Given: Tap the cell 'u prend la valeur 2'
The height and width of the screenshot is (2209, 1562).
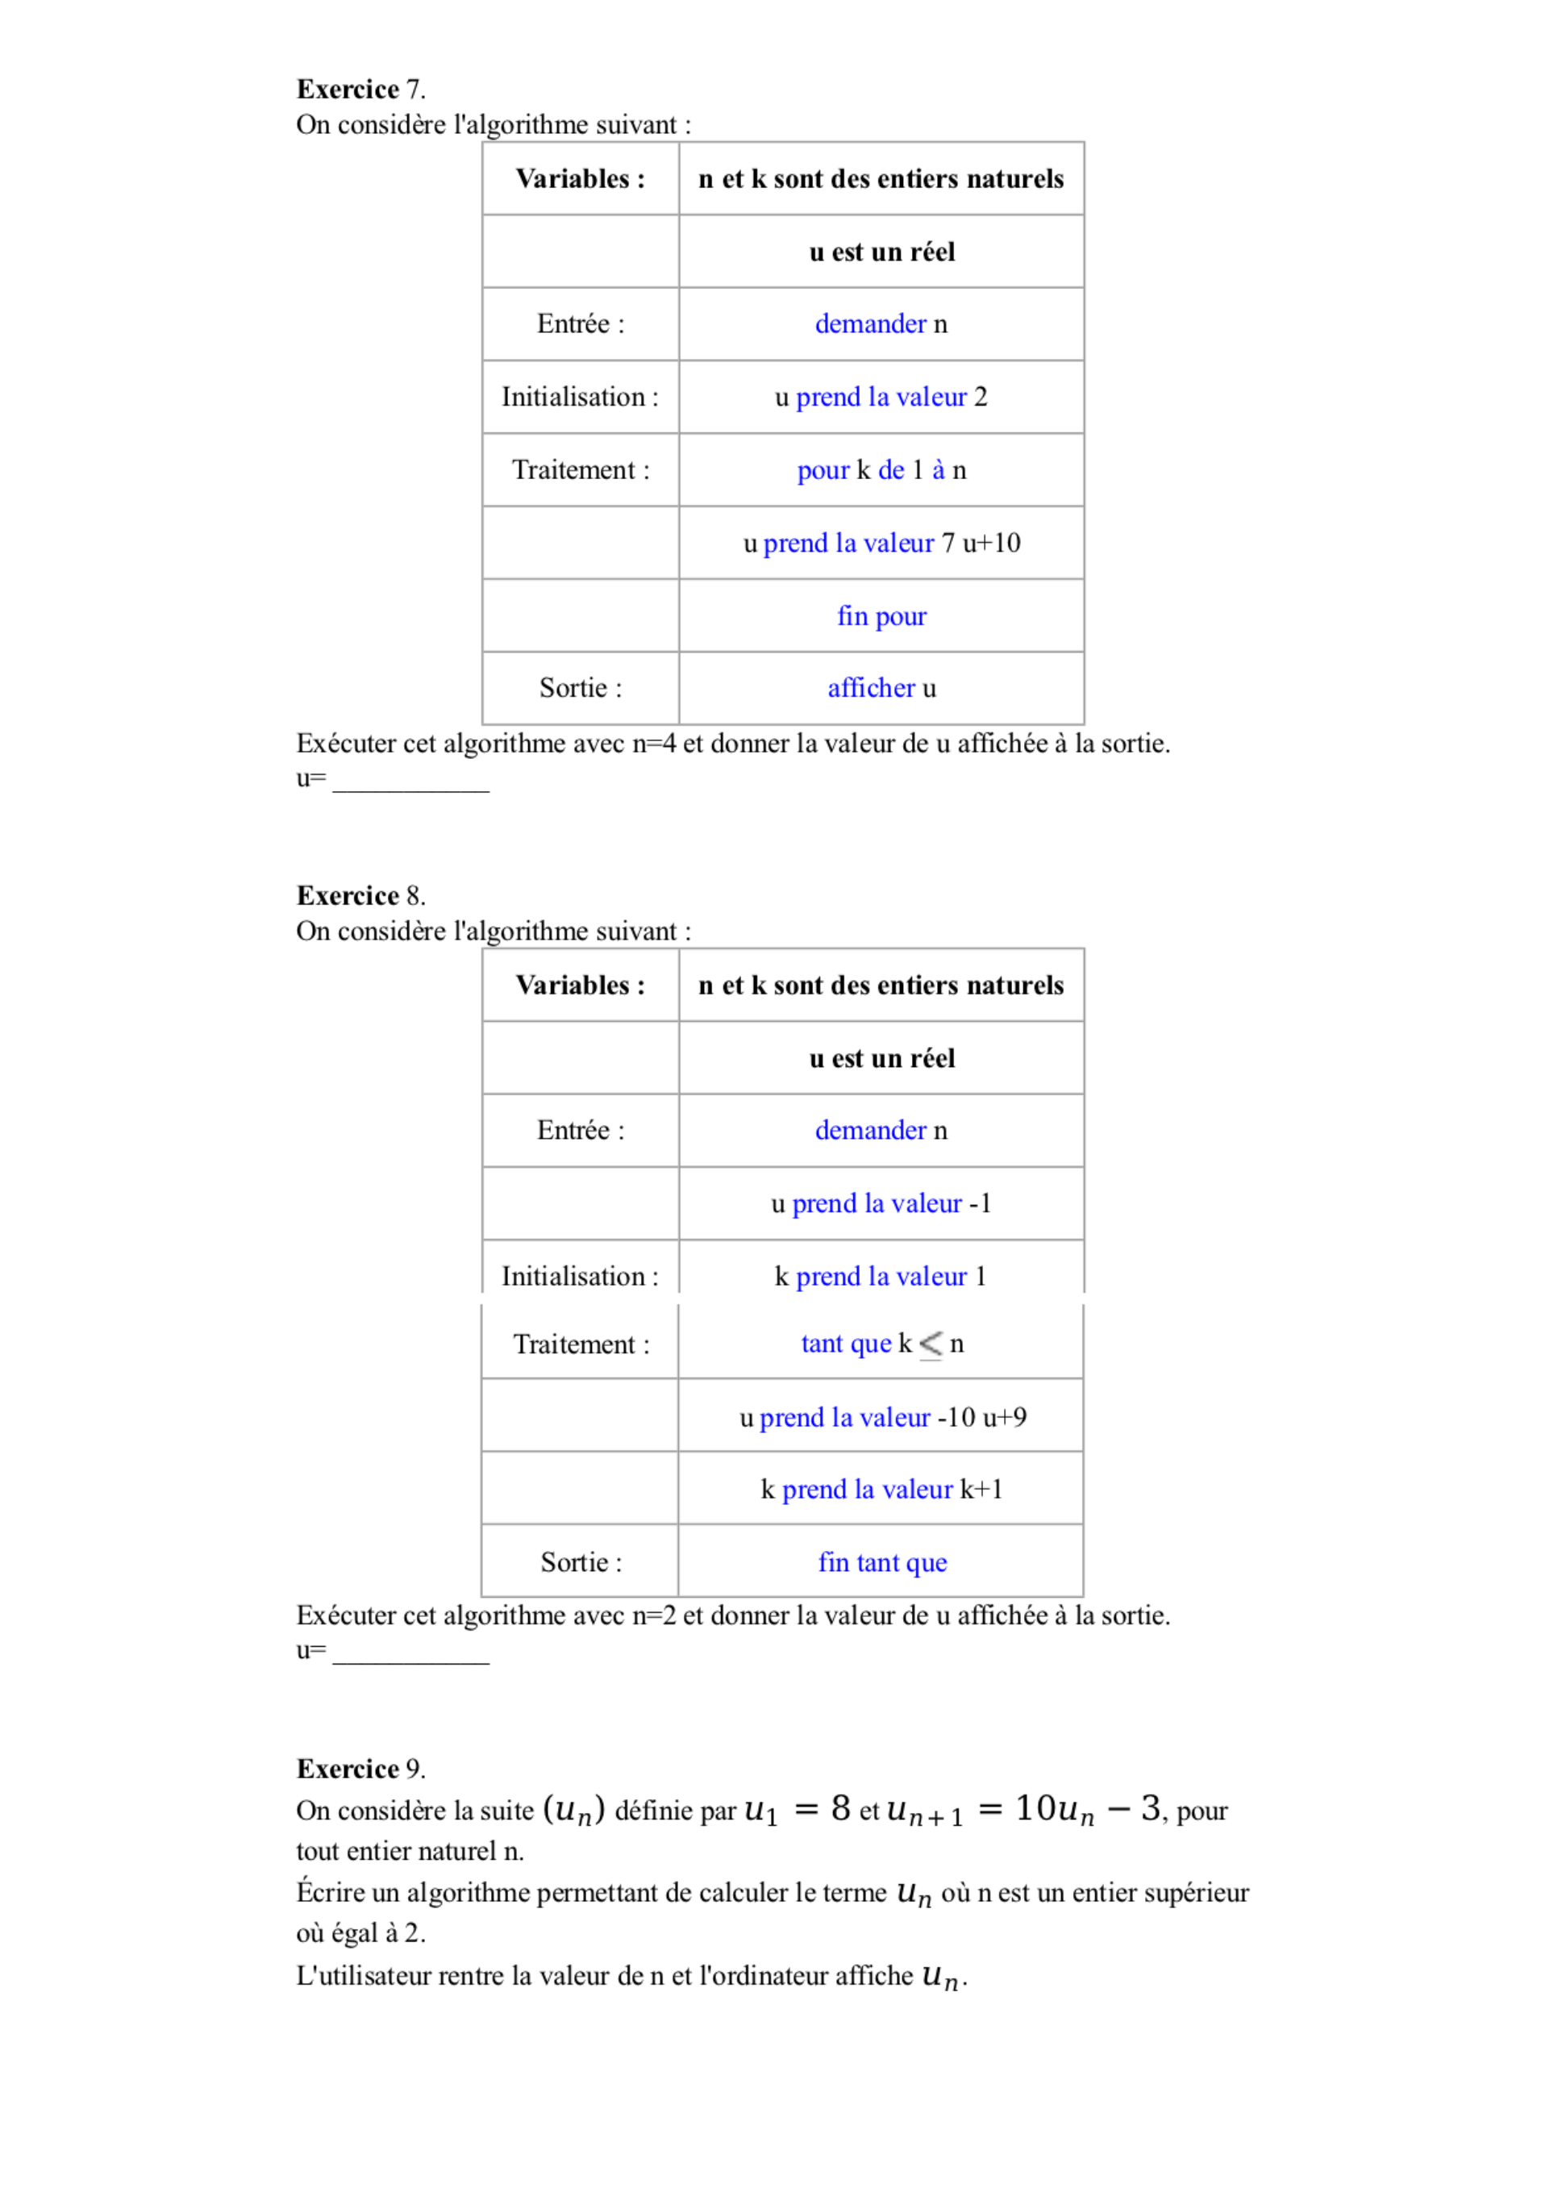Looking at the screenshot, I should pyautogui.click(x=881, y=398).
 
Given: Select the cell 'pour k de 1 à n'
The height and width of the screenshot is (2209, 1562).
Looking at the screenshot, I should pyautogui.click(x=881, y=470).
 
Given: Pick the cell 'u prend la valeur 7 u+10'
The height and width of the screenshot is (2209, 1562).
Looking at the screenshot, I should pyautogui.click(x=881, y=544).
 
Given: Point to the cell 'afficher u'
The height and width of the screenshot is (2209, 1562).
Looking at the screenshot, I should pyautogui.click(x=881, y=688).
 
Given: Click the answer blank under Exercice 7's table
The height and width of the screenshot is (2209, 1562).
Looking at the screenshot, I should pyautogui.click(x=410, y=781).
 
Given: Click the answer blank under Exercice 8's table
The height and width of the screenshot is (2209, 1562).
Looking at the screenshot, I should pyautogui.click(x=410, y=1653).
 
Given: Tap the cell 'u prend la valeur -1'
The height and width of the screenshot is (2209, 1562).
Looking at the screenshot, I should pyautogui.click(x=881, y=1203).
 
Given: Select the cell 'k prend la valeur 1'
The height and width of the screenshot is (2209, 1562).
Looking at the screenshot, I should pyautogui.click(x=881, y=1277).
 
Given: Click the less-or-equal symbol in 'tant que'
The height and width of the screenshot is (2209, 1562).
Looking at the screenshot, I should pyautogui.click(x=930, y=1344).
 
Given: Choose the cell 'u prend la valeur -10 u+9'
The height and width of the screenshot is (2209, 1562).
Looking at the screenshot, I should pyautogui.click(x=881, y=1417).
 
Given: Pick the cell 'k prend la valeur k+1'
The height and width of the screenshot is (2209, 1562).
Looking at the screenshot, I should pyautogui.click(x=881, y=1490).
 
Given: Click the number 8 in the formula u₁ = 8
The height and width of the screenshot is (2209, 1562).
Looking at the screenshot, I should pyautogui.click(x=840, y=1809).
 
